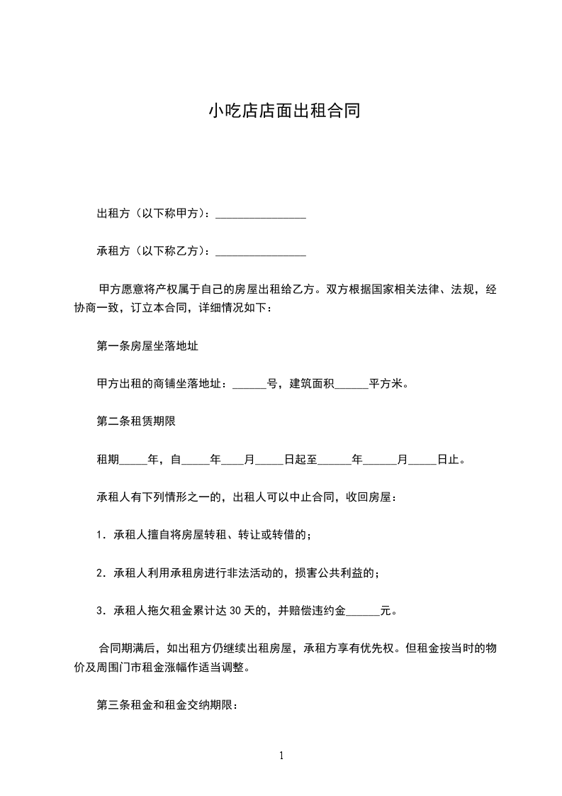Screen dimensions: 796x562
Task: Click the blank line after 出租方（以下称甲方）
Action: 260,214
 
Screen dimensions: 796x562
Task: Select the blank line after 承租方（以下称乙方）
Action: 260,251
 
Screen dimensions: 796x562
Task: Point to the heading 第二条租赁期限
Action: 135,421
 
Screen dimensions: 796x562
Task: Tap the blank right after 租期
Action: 133,460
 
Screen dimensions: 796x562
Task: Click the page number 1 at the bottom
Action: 281,756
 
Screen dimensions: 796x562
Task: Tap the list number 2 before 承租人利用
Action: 100,573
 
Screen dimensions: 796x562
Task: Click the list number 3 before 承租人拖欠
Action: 100,610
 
